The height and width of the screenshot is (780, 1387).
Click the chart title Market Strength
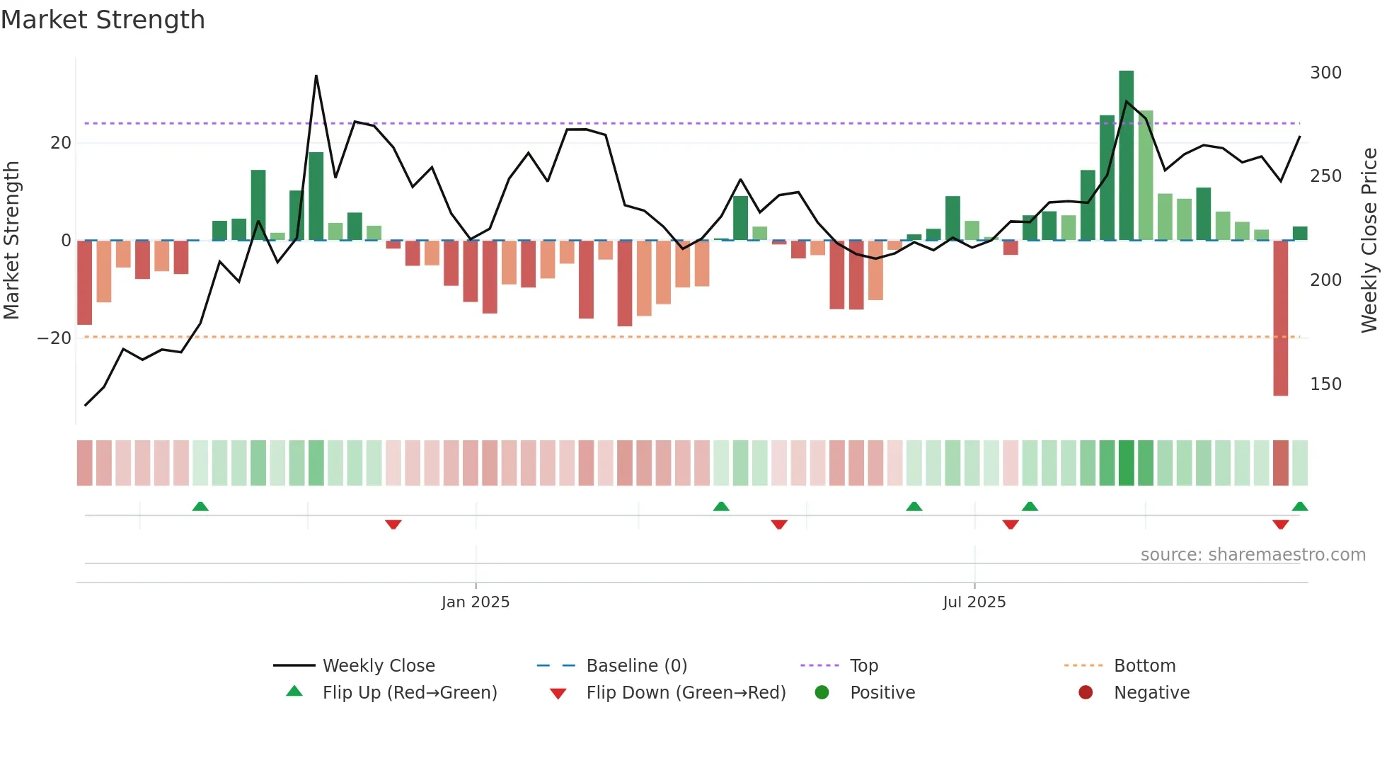coord(103,20)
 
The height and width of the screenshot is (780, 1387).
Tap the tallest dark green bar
coord(1126,156)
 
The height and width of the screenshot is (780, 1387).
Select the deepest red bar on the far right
coord(1280,319)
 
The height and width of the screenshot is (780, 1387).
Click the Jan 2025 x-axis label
coord(475,602)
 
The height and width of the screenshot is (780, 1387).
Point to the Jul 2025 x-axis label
coord(974,602)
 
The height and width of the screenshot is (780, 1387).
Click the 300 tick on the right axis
coord(1325,73)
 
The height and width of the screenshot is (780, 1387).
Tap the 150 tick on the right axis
coord(1325,384)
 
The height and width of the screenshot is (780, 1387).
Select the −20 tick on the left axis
coord(54,338)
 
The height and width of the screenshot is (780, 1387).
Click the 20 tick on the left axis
coord(61,143)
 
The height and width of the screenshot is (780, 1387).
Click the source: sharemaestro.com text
coord(1253,555)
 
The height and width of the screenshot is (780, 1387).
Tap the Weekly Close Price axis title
coord(1369,241)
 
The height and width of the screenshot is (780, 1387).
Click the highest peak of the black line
coord(316,76)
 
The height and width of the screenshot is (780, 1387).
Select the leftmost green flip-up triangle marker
coord(200,507)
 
